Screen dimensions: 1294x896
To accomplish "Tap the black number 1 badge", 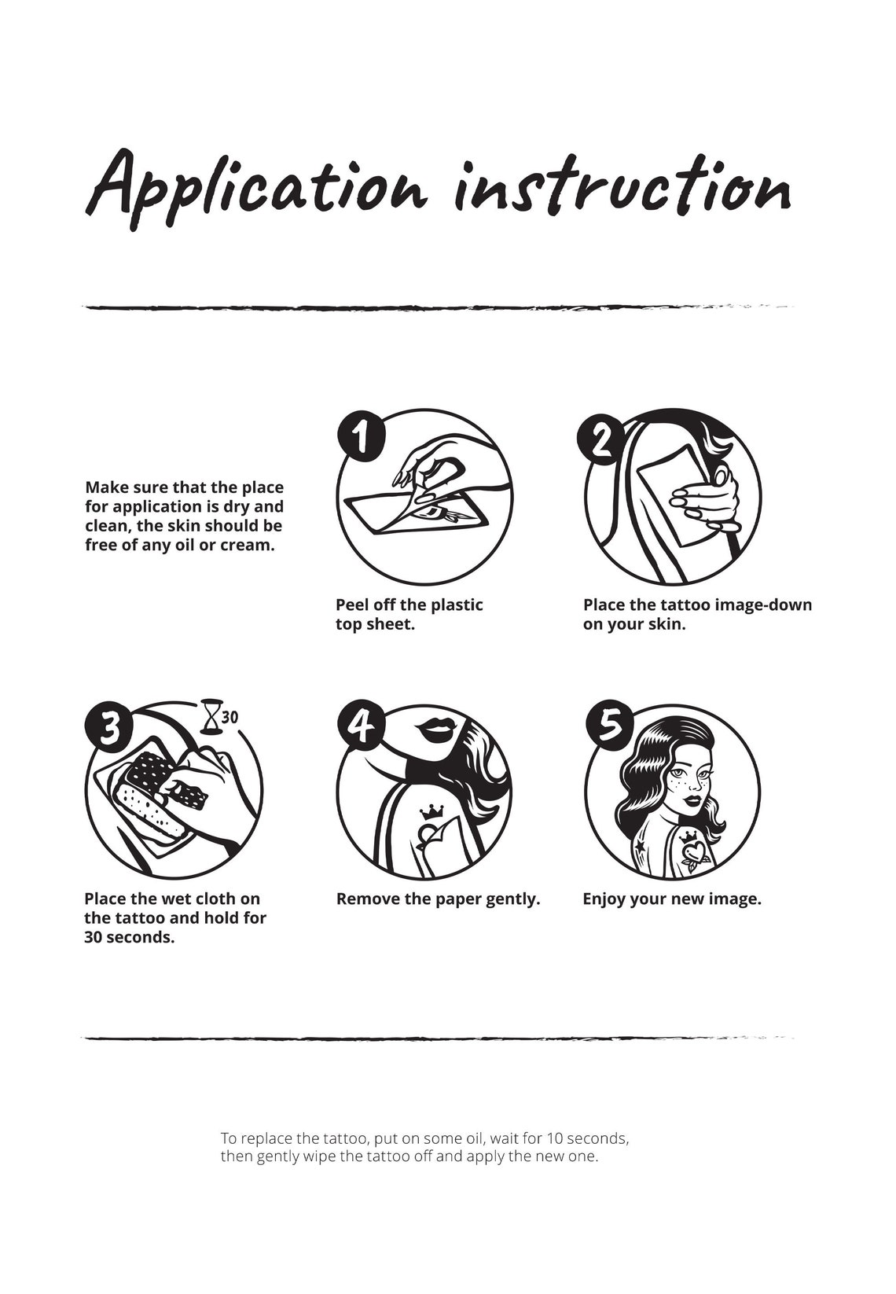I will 361,436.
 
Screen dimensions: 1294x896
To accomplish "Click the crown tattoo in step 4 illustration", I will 431,811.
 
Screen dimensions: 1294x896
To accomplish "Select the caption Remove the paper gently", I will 438,899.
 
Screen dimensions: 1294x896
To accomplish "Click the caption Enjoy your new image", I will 671,899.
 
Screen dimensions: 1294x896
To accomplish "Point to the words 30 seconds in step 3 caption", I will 129,937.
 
